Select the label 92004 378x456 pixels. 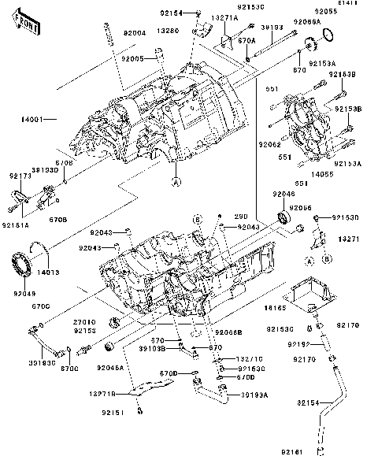click(134, 34)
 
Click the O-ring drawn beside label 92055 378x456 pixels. click(332, 35)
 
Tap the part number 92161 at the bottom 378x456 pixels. click(292, 450)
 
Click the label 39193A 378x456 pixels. click(254, 394)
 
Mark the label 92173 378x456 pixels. click(20, 176)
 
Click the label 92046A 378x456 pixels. click(110, 367)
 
